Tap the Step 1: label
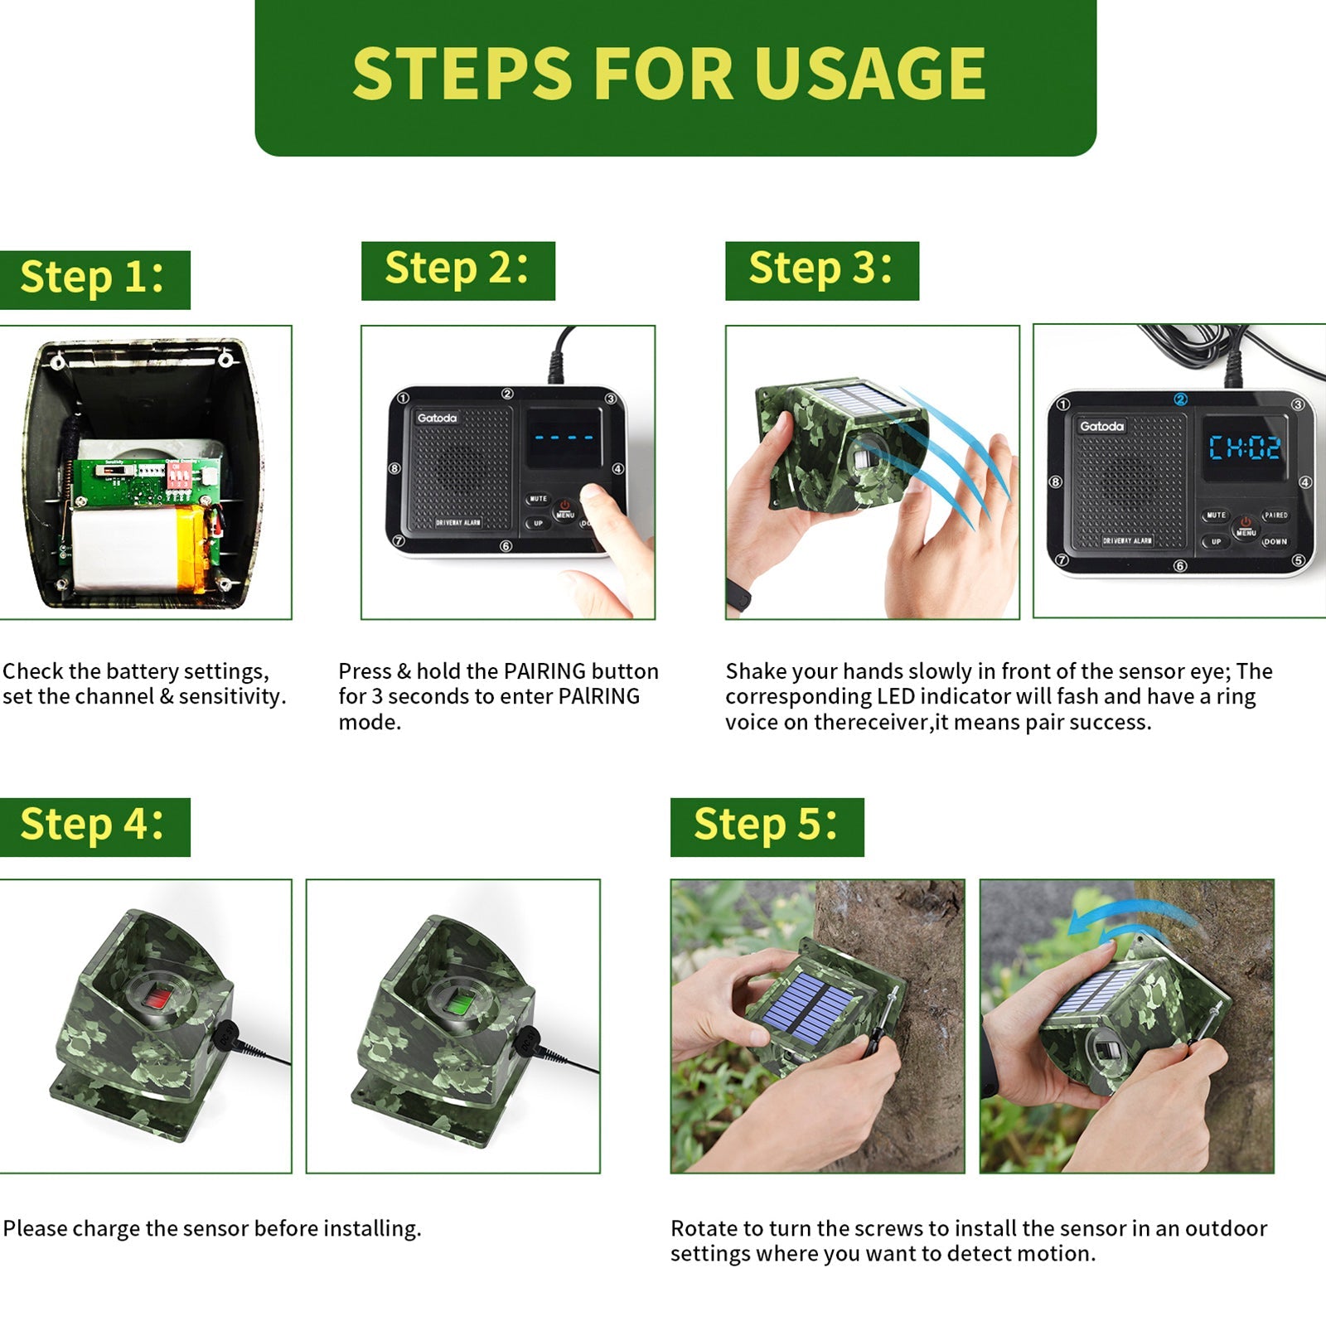click(x=94, y=278)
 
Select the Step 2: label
click(x=457, y=270)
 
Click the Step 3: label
click(x=821, y=270)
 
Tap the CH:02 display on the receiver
click(x=1244, y=448)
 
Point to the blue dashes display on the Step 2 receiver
click(x=564, y=438)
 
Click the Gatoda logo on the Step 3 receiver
click(x=1101, y=426)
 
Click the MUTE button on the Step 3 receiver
click(x=1216, y=515)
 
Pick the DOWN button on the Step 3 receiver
click(x=1275, y=541)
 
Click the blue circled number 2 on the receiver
click(x=1181, y=399)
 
